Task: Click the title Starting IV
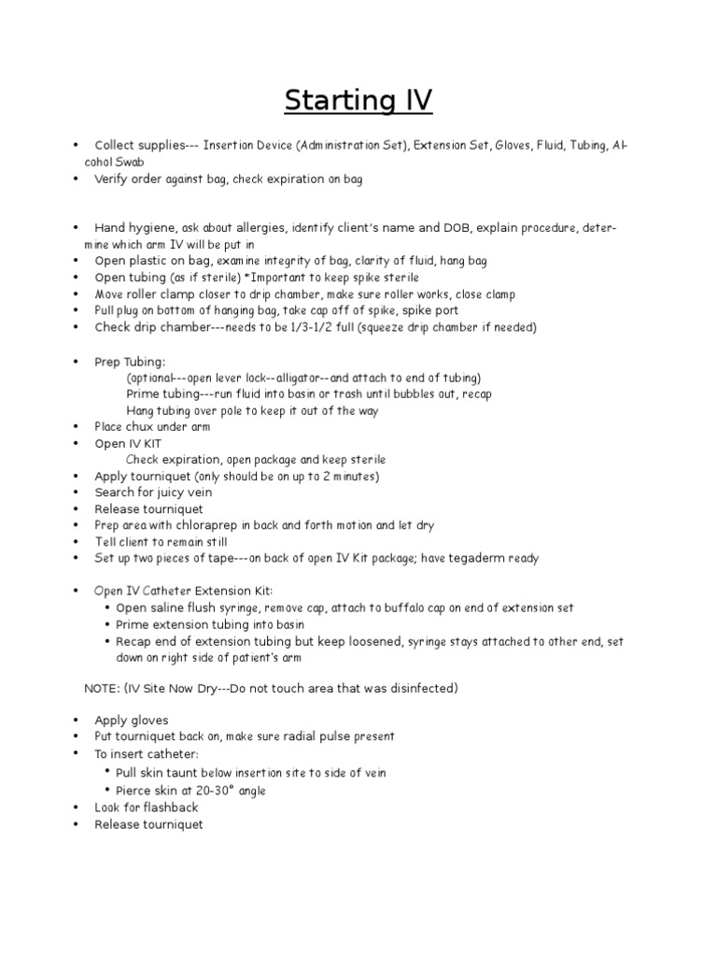click(x=358, y=98)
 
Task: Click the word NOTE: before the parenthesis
click(x=102, y=689)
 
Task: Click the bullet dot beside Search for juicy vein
click(x=73, y=493)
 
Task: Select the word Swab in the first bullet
click(x=127, y=162)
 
